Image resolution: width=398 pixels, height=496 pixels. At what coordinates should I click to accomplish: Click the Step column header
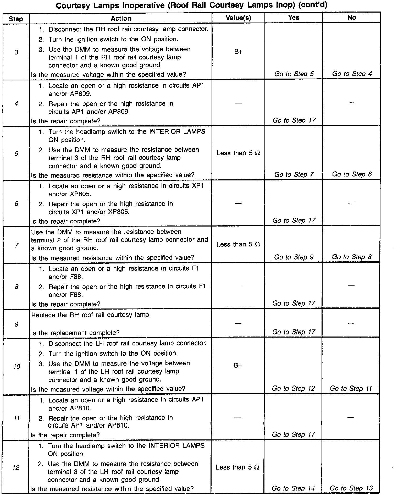[16, 19]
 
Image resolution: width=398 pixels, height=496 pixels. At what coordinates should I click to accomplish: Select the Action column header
[121, 18]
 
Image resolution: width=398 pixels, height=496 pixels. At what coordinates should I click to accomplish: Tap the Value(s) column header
[238, 18]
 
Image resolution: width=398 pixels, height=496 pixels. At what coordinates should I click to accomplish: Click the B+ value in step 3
[238, 52]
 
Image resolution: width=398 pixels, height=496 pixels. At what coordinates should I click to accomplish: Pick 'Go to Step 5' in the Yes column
[294, 74]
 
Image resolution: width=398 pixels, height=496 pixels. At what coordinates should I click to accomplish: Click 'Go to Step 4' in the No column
[352, 74]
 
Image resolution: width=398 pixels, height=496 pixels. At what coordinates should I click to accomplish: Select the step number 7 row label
[16, 245]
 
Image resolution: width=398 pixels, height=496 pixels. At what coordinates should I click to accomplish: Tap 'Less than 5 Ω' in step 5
[238, 153]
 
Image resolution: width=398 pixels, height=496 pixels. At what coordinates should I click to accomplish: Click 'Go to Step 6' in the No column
[352, 174]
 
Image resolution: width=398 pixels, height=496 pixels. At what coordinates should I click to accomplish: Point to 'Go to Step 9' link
[294, 257]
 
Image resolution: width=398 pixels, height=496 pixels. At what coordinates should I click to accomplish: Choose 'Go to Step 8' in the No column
[351, 257]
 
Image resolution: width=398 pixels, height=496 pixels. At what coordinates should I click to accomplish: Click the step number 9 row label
[16, 324]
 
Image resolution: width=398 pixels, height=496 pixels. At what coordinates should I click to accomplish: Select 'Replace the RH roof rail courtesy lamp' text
[91, 315]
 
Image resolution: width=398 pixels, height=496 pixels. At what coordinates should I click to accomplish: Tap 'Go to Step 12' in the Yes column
[293, 388]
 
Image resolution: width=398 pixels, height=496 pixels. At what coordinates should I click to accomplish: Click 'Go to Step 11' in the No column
[351, 388]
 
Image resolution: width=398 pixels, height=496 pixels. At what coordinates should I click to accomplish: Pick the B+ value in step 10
[238, 366]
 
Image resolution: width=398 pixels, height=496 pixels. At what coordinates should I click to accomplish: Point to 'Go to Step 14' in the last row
[293, 488]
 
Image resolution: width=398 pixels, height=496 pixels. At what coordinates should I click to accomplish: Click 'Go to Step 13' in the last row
[351, 488]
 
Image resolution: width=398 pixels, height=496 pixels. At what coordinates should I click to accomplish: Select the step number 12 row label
[16, 467]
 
